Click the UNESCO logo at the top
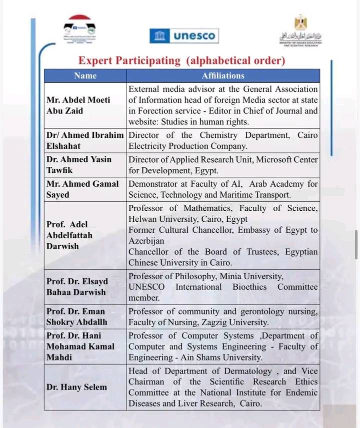pyautogui.click(x=183, y=36)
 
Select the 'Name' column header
pyautogui.click(x=85, y=76)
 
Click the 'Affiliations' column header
pyautogui.click(x=223, y=76)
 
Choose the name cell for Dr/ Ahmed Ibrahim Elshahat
pyautogui.click(x=85, y=141)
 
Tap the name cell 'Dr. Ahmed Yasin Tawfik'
pyautogui.click(x=79, y=165)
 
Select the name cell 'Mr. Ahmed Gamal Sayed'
pyautogui.click(x=82, y=189)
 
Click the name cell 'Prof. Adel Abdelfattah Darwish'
pyautogui.click(x=69, y=235)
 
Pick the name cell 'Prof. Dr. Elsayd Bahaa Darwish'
pyautogui.click(x=77, y=287)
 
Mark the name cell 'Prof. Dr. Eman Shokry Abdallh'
pyautogui.click(x=77, y=317)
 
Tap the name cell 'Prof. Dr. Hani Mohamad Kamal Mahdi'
pyautogui.click(x=80, y=346)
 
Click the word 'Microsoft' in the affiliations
pyautogui.click(x=275, y=160)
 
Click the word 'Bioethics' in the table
pyautogui.click(x=250, y=287)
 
